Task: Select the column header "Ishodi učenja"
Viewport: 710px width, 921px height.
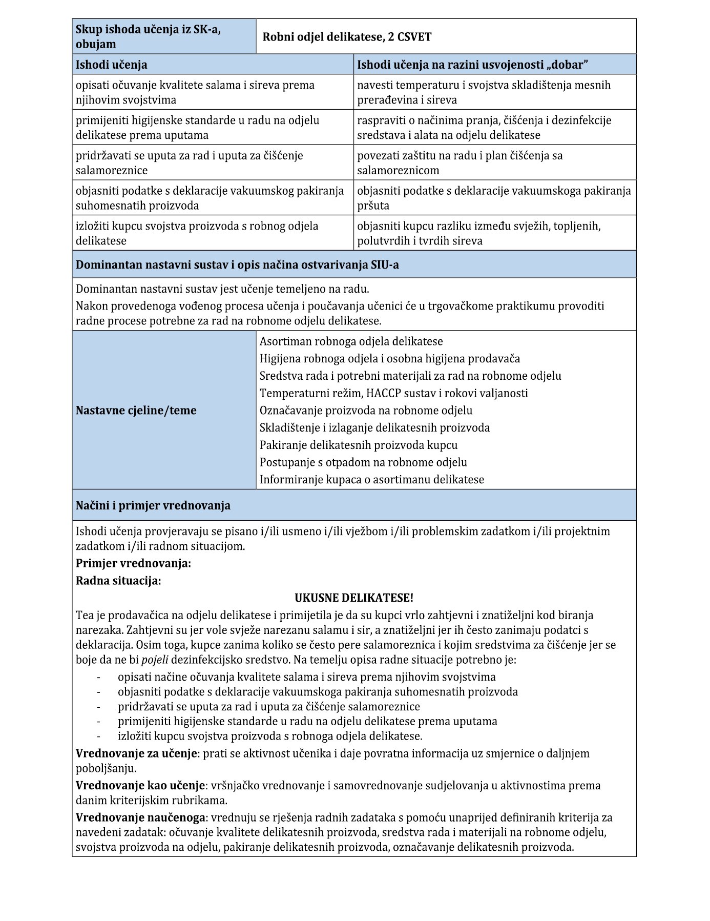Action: pyautogui.click(x=112, y=65)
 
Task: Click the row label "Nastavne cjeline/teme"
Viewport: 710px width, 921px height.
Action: pyautogui.click(x=136, y=411)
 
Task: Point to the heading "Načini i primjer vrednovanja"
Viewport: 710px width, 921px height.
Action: pyautogui.click(x=153, y=506)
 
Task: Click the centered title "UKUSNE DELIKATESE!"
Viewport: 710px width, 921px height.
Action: pyautogui.click(x=354, y=598)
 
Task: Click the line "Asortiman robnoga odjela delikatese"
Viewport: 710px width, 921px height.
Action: pyautogui.click(x=351, y=341)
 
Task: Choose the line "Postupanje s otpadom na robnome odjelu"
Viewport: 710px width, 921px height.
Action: pyautogui.click(x=363, y=462)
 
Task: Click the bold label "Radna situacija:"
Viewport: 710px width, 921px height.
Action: pyautogui.click(x=118, y=581)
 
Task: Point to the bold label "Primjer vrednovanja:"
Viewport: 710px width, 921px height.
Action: pyautogui.click(x=133, y=563)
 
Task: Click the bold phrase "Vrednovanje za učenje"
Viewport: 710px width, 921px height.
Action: pyautogui.click(x=137, y=753)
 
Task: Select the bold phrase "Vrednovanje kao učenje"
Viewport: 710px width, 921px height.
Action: pyautogui.click(x=140, y=785)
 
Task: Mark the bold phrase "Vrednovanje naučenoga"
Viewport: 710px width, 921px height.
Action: pyautogui.click(x=140, y=817)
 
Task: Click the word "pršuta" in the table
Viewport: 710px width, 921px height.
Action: pyautogui.click(x=373, y=206)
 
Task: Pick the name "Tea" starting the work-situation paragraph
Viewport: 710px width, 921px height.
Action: pyautogui.click(x=85, y=615)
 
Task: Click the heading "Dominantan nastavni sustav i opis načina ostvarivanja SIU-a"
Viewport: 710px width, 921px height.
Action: pyautogui.click(x=237, y=265)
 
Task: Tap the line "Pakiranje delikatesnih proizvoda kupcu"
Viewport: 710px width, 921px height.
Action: pyautogui.click(x=359, y=445)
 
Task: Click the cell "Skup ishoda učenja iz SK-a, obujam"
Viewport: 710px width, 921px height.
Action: pyautogui.click(x=149, y=37)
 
